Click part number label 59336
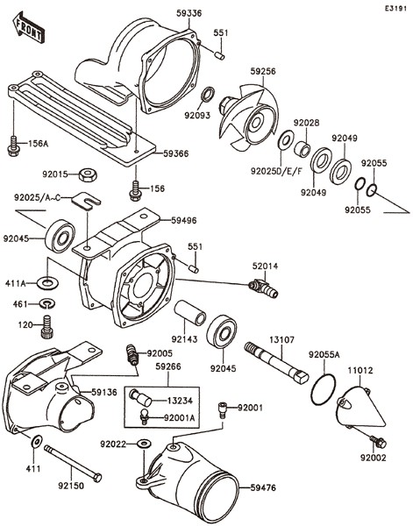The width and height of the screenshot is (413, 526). tap(189, 13)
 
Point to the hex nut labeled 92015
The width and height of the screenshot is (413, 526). tap(89, 174)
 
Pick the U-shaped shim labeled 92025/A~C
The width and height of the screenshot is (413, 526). tap(86, 200)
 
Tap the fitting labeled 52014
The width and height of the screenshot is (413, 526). tap(264, 288)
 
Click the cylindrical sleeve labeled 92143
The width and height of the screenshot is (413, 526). tap(189, 313)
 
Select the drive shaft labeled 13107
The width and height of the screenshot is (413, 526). tap(277, 363)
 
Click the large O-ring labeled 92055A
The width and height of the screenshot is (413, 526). tap(323, 389)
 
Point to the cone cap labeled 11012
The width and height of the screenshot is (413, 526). tap(360, 407)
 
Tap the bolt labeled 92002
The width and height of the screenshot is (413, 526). tap(378, 441)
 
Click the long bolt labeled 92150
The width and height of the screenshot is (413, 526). tap(73, 463)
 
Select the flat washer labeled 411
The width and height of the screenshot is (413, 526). tap(37, 441)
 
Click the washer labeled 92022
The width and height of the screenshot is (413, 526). tap(145, 444)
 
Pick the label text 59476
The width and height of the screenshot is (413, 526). tap(263, 487)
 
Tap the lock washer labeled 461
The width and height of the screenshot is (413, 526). tap(47, 303)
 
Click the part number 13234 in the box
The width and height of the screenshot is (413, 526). tap(180, 401)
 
